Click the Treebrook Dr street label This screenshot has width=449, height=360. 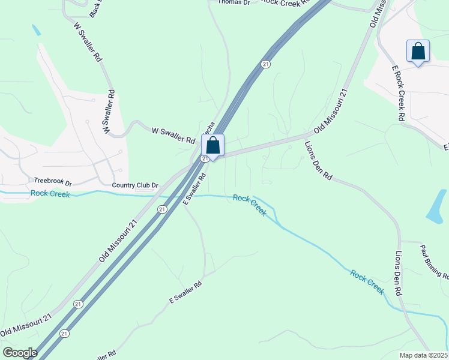click(x=52, y=181)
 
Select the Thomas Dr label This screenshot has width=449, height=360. click(x=234, y=2)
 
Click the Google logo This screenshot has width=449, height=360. click(x=19, y=353)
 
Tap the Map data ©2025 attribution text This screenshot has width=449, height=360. click(x=424, y=355)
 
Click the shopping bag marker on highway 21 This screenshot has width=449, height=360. click(x=212, y=145)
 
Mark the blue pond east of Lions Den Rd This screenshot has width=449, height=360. click(x=437, y=206)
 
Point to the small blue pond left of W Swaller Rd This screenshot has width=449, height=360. click(x=36, y=29)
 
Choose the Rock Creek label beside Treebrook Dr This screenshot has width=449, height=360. click(x=50, y=194)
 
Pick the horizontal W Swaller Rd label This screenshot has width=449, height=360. click(x=173, y=135)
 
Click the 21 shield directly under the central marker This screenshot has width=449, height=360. click(x=205, y=158)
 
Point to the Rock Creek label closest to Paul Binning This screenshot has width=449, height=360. click(x=367, y=282)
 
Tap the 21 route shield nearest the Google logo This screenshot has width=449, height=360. click(x=65, y=333)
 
